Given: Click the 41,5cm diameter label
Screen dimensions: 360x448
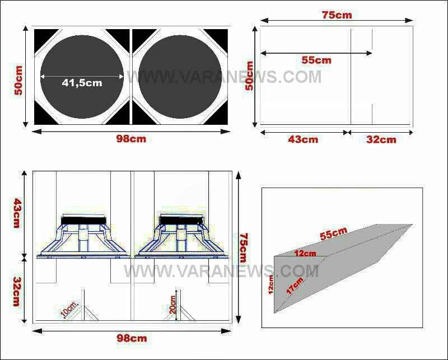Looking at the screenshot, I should [82, 83].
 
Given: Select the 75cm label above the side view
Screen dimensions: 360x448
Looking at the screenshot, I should [337, 15].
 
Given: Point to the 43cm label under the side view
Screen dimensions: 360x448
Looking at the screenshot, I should [303, 139].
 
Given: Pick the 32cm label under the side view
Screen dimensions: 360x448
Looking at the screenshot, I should [381, 139].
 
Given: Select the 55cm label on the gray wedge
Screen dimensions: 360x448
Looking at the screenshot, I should [333, 234].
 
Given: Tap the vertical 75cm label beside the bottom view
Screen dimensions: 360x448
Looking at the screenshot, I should [243, 247].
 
